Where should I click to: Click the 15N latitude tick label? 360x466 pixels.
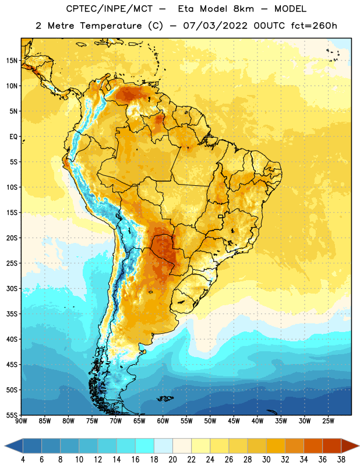tap(12, 61)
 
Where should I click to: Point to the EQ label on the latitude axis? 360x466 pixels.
tap(13, 137)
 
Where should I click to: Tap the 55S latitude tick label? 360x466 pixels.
tap(12, 415)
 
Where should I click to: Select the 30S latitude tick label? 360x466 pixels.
tap(12, 288)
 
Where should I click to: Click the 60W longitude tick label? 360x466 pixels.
tap(163, 421)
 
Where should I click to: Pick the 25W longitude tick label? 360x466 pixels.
tap(328, 421)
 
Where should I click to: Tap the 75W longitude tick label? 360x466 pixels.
tap(92, 421)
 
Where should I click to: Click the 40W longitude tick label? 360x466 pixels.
tap(257, 421)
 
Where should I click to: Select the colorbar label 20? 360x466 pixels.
tap(172, 460)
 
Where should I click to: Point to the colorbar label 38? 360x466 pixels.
tap(341, 460)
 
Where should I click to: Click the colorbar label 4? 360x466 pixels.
tap(23, 460)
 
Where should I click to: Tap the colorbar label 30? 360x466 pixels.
tap(266, 460)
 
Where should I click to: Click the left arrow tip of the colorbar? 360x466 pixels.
tap(5, 446)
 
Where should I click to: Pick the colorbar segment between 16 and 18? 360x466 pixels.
tap(145, 446)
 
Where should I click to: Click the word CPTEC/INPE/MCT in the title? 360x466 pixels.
tap(109, 9)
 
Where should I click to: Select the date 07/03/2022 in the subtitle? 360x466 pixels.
tap(215, 26)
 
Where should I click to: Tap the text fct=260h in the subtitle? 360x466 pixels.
tap(314, 26)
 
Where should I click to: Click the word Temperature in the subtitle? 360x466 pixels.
tap(111, 26)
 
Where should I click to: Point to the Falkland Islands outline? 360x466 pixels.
tap(164, 398)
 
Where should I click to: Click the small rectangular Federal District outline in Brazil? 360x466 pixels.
tap(221, 216)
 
